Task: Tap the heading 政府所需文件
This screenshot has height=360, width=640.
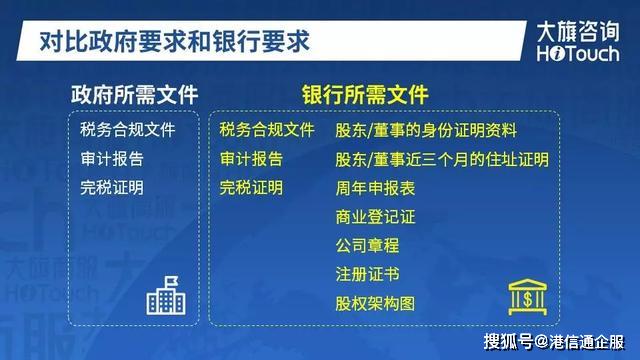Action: [134, 95]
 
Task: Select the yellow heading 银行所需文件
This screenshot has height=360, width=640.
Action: [365, 95]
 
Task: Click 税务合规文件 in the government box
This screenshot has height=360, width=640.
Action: [128, 130]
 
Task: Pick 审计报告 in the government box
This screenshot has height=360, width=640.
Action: [112, 159]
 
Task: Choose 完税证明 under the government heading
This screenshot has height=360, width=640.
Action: [112, 188]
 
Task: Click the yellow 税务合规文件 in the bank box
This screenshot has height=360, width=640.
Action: [267, 130]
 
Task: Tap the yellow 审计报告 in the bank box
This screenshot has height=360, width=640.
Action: [251, 159]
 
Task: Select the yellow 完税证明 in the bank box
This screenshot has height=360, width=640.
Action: [251, 188]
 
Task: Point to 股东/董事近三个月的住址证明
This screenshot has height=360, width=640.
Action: [442, 159]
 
